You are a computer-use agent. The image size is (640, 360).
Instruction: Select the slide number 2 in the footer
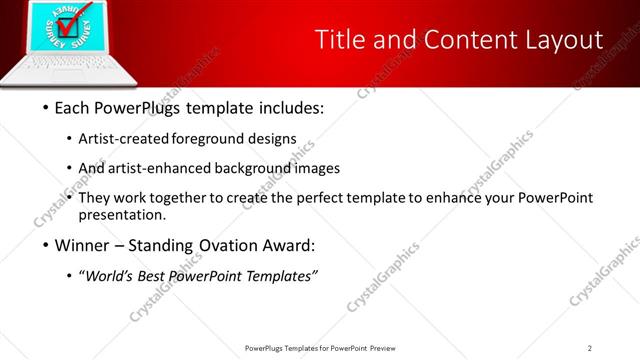pos(590,347)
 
